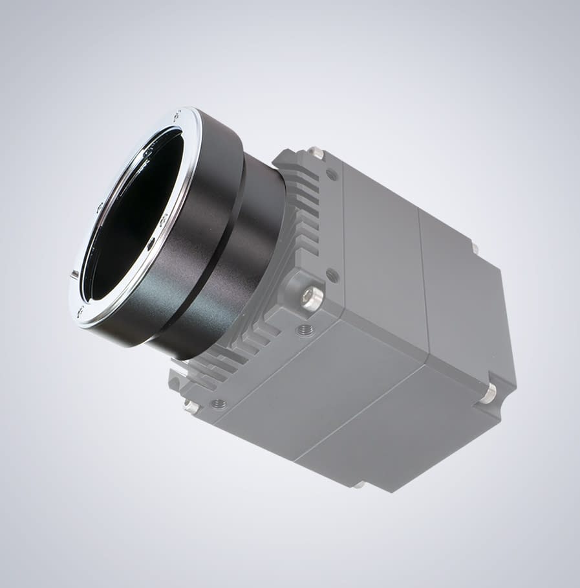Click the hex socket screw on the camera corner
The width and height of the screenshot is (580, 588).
point(312,298)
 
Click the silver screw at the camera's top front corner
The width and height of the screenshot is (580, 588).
point(316,153)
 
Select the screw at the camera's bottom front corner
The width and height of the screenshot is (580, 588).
point(191,407)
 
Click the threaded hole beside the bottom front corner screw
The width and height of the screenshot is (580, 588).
point(219,404)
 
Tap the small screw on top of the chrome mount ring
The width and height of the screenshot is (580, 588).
point(176,115)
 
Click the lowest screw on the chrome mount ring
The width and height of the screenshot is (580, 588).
point(80,312)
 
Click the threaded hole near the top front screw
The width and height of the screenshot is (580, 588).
point(331,174)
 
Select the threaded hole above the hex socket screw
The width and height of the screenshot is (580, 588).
point(332,275)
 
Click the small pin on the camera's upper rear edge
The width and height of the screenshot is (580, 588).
point(475,248)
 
